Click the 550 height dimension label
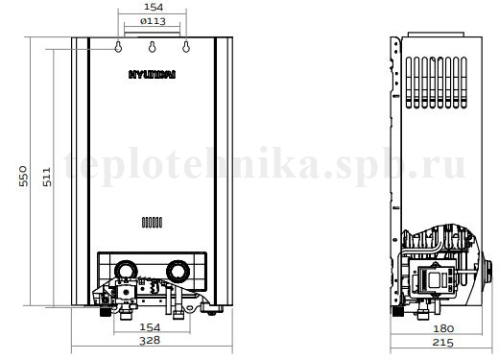[23, 176]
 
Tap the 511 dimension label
[47, 177]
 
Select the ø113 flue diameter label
[153, 21]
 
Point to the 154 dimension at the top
[154, 7]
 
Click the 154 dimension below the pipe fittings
[150, 327]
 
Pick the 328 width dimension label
[150, 340]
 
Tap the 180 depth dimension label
[443, 328]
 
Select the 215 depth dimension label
[443, 343]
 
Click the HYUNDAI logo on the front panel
[152, 75]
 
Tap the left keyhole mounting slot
[118, 47]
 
